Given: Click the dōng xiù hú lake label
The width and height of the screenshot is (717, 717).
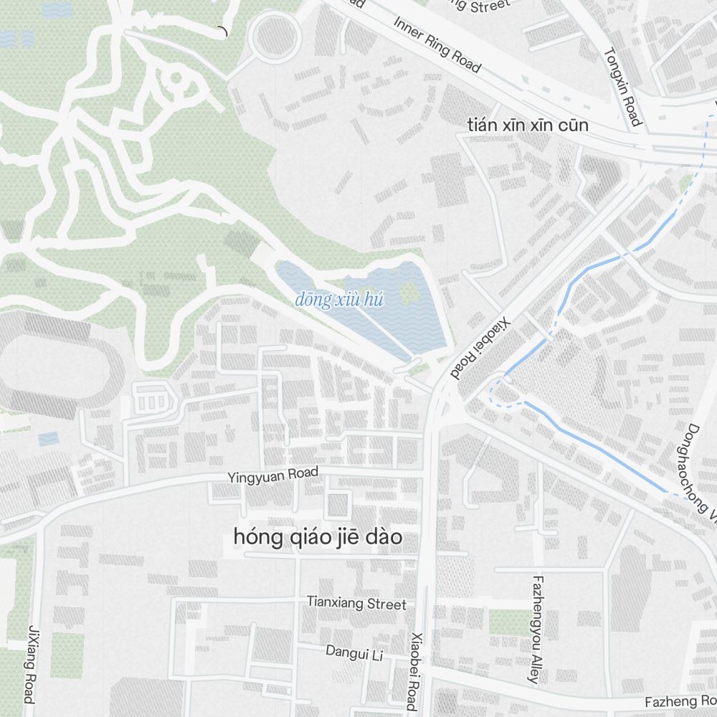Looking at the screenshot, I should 339,300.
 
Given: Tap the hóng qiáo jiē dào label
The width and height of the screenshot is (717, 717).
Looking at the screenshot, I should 317,536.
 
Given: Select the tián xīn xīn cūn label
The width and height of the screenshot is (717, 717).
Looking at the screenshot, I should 527,125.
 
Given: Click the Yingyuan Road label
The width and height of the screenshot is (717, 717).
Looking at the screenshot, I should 272,475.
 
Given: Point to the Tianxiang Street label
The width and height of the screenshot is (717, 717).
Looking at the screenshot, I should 356,604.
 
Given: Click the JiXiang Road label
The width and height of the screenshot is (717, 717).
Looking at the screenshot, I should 31,663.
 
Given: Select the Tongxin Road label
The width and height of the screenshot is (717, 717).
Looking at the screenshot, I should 622,87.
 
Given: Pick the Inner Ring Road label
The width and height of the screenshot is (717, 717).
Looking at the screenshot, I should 437,43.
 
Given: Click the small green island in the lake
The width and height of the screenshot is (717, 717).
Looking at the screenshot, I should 408,290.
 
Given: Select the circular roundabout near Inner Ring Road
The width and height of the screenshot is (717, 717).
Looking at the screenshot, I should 275,36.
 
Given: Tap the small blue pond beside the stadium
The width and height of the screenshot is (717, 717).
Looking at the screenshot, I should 49,438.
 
